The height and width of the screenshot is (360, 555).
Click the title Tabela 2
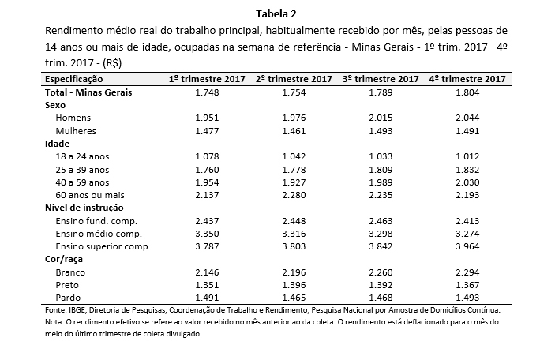pos(276,13)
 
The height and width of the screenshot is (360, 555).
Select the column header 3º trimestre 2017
pos(381,79)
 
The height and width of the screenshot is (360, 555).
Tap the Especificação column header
pos(73,79)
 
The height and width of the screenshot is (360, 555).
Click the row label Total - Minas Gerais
pos(88,92)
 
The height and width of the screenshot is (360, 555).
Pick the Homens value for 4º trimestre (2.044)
pos(467,118)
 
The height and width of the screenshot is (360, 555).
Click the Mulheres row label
pos(76,131)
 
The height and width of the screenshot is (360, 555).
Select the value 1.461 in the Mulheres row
pos(294,131)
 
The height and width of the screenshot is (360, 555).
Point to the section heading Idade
pos(57,144)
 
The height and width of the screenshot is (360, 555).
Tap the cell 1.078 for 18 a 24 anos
pos(207,156)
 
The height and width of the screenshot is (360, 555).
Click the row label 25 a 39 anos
pos(82,170)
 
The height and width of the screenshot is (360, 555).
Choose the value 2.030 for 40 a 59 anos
pos(467,182)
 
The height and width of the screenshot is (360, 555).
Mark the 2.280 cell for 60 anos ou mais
pos(294,195)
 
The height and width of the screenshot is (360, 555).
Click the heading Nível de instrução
pos(84,208)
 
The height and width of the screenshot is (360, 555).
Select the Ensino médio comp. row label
pos(99,234)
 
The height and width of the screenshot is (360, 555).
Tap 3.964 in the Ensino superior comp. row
pos(467,246)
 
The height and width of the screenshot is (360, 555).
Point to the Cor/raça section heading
pos(64,259)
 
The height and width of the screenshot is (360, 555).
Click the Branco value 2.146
pos(207,272)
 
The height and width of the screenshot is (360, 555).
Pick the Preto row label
pos(67,285)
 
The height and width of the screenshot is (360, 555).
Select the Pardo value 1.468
pos(381,298)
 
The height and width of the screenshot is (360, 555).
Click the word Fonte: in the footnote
pos(55,310)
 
